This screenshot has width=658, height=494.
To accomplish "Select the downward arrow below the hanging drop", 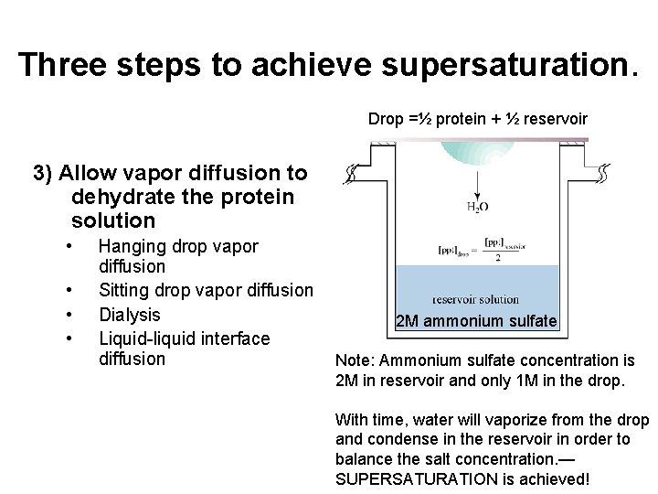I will tap(477, 184).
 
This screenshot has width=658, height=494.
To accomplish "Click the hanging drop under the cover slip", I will tap(475, 156).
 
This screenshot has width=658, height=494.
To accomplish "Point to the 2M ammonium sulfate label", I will tap(476, 321).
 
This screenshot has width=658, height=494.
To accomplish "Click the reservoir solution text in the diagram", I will tap(474, 298).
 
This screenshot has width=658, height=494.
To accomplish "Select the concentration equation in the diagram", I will tap(474, 249).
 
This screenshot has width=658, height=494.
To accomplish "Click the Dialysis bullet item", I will tap(129, 315).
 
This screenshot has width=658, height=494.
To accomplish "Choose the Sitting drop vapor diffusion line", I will tap(206, 291).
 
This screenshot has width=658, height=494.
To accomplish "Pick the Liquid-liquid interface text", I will tap(184, 338).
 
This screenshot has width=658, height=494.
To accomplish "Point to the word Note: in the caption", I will tap(357, 360).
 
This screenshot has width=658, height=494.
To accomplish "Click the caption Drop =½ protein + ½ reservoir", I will tap(477, 119).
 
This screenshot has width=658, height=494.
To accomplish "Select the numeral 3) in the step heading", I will tap(44, 172).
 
